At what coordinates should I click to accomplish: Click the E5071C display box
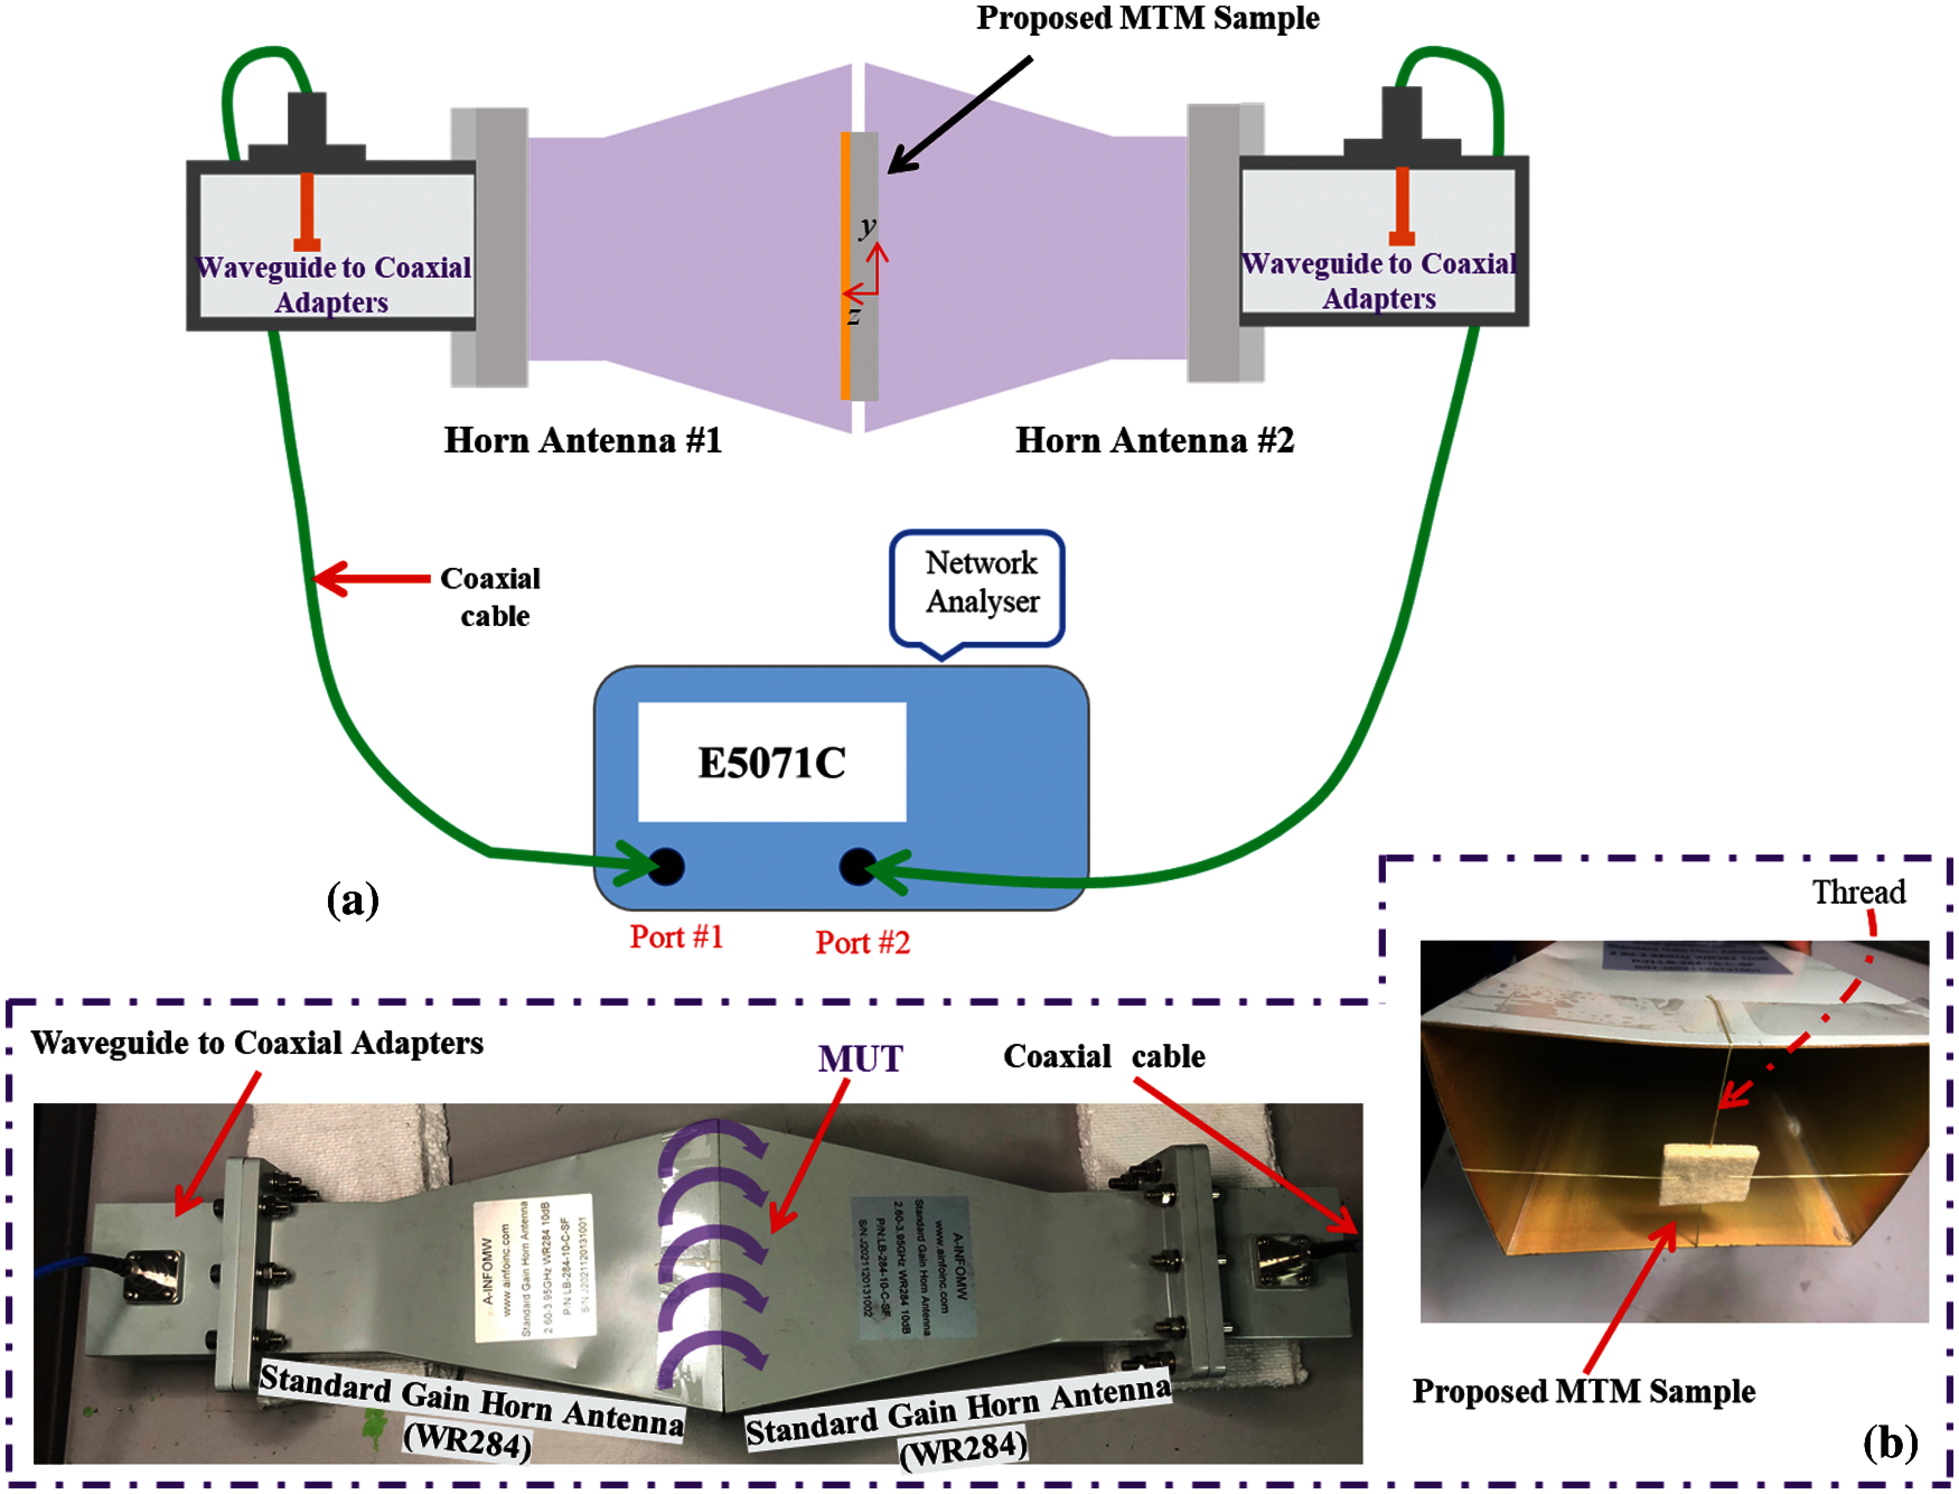pos(771,762)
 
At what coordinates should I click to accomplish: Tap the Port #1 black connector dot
pos(666,866)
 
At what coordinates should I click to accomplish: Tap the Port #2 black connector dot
pos(857,866)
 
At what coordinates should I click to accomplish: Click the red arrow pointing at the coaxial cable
pos(372,579)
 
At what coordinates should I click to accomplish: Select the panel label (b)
pos(1890,1442)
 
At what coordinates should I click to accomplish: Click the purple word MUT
pos(860,1059)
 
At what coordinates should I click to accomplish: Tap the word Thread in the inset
pos(1859,892)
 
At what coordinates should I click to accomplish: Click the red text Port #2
pos(862,942)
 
